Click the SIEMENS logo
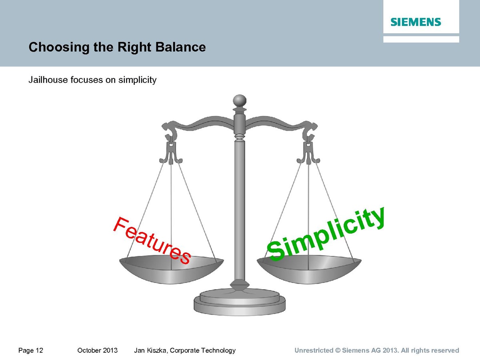click(x=416, y=22)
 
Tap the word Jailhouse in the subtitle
click(x=48, y=80)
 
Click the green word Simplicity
click(x=326, y=234)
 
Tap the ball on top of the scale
click(x=240, y=101)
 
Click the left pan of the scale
click(x=171, y=269)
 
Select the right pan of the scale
click(x=309, y=269)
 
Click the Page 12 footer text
click(x=31, y=350)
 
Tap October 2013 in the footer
click(x=98, y=350)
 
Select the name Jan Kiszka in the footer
click(x=151, y=351)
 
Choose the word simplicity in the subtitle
click(x=137, y=80)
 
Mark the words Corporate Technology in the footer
click(x=203, y=351)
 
